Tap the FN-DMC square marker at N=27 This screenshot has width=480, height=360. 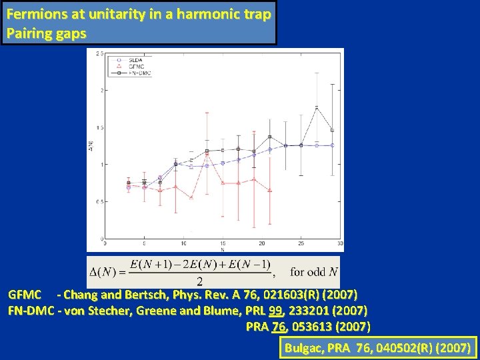pyautogui.click(x=317, y=107)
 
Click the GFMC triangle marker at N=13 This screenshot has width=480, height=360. pyautogui.click(x=207, y=155)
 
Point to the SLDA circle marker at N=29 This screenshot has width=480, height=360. pyautogui.click(x=332, y=145)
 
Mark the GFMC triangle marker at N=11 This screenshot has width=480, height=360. pyautogui.click(x=191, y=197)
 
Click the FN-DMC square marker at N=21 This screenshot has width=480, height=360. pyautogui.click(x=269, y=137)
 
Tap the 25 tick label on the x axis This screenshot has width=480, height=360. pyautogui.click(x=301, y=243)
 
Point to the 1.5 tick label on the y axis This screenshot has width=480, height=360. pyautogui.click(x=99, y=127)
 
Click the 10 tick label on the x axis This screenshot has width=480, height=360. pyautogui.click(x=175, y=243)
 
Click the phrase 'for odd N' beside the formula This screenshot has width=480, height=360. pyautogui.click(x=314, y=272)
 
